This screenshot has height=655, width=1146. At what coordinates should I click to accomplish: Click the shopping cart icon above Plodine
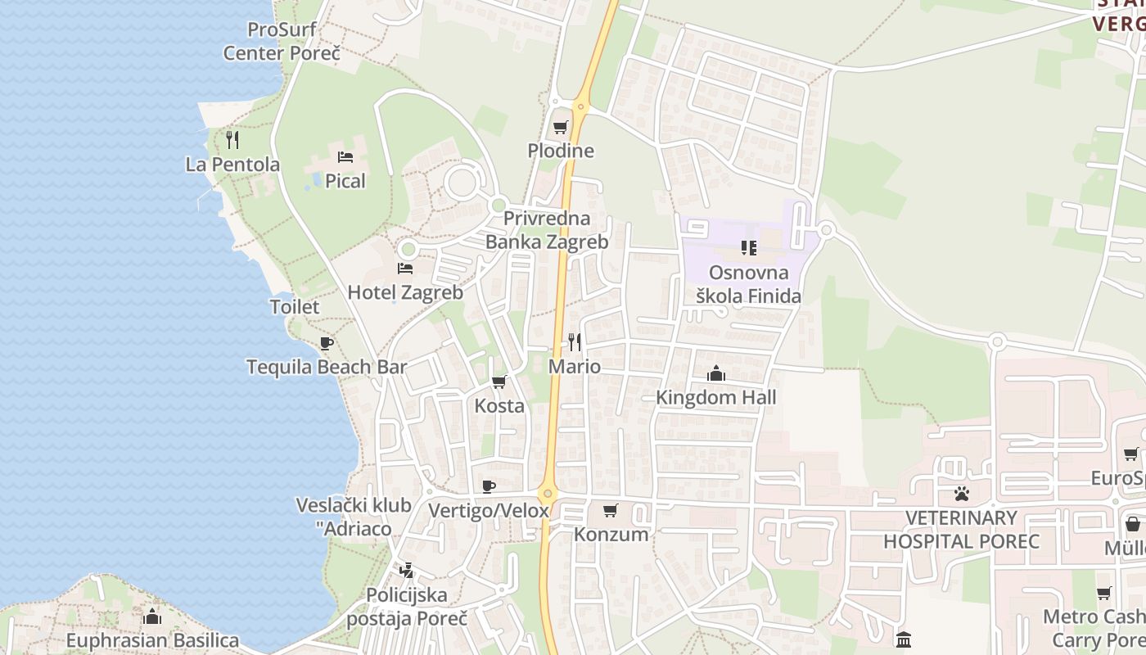tap(561, 127)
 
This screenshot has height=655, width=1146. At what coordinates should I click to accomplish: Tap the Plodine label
tap(561, 151)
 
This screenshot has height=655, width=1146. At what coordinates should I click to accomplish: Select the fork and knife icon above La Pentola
tap(232, 140)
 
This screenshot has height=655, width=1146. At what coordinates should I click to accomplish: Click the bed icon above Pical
tap(345, 156)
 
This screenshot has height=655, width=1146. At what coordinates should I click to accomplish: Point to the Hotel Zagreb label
tap(405, 292)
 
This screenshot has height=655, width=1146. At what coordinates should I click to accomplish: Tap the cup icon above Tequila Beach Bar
tap(327, 343)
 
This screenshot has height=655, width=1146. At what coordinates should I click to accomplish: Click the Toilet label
tap(295, 307)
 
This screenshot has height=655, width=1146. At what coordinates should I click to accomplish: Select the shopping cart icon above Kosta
tap(499, 382)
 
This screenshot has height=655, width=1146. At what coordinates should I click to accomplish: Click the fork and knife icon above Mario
tap(575, 342)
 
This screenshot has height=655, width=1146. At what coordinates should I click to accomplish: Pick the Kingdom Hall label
tap(716, 397)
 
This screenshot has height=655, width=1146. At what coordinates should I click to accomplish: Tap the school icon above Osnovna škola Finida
tap(748, 247)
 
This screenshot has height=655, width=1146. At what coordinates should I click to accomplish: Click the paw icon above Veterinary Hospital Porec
tap(961, 494)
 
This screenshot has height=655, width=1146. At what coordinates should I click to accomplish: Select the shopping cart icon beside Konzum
tap(610, 511)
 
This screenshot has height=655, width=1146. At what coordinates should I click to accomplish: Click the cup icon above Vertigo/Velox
tap(489, 487)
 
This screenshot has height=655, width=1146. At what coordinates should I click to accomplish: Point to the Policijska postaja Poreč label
tap(406, 607)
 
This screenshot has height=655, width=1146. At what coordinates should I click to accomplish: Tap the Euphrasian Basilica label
tap(152, 640)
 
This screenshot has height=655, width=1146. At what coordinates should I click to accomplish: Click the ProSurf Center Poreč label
tap(282, 42)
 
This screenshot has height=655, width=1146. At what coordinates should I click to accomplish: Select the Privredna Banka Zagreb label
tap(547, 230)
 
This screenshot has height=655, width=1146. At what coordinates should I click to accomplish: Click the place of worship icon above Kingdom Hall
tap(716, 374)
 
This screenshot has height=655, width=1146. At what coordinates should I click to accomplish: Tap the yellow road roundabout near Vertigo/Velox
tap(548, 494)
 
